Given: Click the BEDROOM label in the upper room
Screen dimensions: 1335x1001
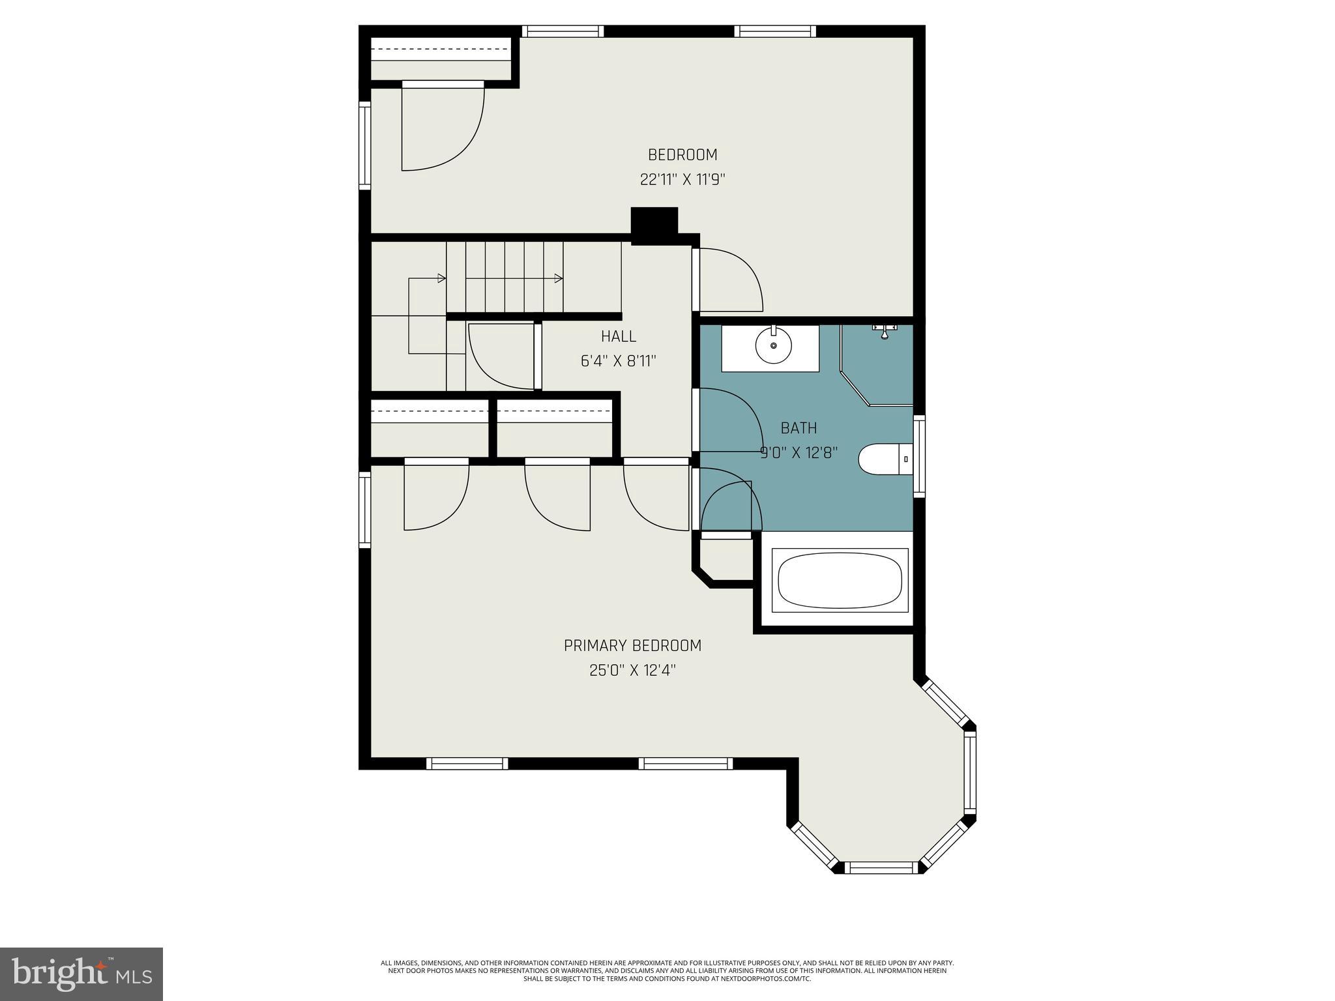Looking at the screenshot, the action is click(x=682, y=155).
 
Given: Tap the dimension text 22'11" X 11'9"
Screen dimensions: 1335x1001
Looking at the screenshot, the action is click(x=682, y=180).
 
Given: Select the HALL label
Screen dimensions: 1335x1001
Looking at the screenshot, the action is click(x=619, y=336).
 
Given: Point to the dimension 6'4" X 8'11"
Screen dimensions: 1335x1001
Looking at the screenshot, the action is click(x=618, y=361).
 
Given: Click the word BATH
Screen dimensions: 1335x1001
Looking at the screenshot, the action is click(x=799, y=428).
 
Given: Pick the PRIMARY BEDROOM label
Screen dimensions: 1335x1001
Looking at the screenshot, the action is click(x=632, y=646).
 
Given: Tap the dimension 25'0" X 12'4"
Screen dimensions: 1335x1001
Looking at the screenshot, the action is click(x=632, y=671).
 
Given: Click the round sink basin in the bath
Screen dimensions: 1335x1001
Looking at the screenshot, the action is click(x=774, y=345).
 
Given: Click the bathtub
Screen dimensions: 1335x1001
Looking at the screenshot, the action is click(x=840, y=581).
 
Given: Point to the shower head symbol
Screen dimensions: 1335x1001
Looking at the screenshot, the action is click(x=885, y=332).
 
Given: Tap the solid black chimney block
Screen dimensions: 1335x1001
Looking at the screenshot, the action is click(x=654, y=225).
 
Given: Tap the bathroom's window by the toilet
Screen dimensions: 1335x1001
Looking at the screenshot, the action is click(x=919, y=456).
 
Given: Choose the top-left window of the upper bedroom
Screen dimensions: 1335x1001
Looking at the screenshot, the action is click(x=563, y=31).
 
